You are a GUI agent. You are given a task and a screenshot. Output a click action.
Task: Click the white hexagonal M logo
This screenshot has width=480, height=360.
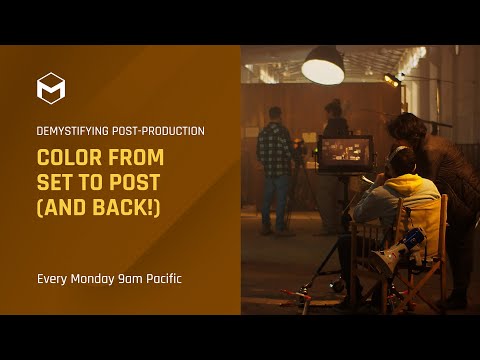pos(51,88)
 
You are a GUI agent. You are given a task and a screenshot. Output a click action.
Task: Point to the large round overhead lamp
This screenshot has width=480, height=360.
pos(322,68)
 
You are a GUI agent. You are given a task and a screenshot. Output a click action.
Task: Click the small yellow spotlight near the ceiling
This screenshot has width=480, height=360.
pos(391,79)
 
